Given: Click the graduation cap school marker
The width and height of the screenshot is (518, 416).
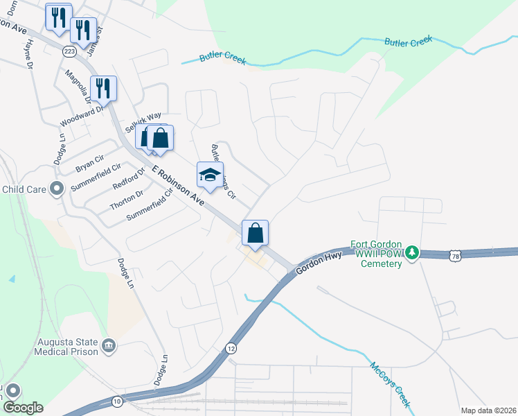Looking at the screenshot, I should pyautogui.click(x=210, y=174).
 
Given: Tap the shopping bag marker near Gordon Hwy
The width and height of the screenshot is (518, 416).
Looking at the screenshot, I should pyautogui.click(x=255, y=233).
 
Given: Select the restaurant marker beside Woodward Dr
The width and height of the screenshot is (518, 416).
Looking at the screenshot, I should pyautogui.click(x=103, y=88).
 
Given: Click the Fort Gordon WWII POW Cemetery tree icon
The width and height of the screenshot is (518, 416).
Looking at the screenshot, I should pyautogui.click(x=412, y=252).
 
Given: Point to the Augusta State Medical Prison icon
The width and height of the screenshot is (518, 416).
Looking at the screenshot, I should pyautogui.click(x=109, y=345).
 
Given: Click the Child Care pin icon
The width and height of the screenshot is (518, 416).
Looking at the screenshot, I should pyautogui.click(x=57, y=188).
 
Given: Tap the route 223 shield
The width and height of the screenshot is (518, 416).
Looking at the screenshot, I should pyautogui.click(x=69, y=52).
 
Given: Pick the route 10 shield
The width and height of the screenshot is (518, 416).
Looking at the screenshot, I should pyautogui.click(x=117, y=401).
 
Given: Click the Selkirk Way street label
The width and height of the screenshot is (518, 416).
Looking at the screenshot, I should pyautogui.click(x=143, y=123).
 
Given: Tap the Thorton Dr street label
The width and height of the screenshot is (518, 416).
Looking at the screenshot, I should pyautogui.click(x=126, y=201).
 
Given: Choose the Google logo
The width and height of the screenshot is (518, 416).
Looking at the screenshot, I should pyautogui.click(x=23, y=408).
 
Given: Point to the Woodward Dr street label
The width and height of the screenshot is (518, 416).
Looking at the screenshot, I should pyautogui.click(x=81, y=116).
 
